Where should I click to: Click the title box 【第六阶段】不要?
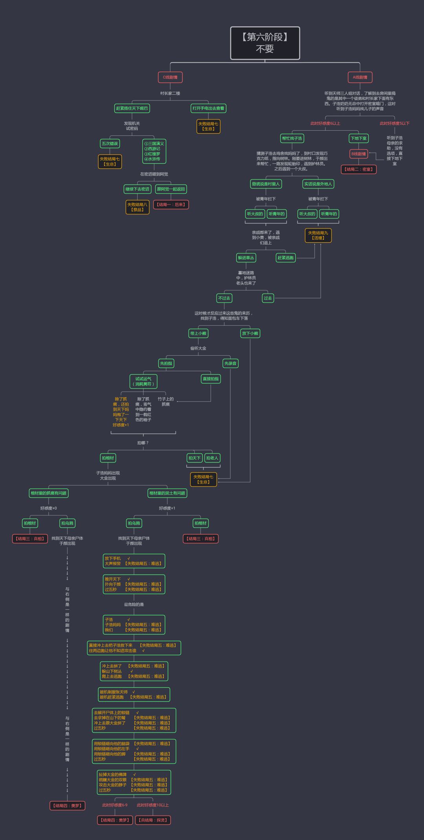point(265,43)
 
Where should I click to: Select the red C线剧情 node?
point(170,77)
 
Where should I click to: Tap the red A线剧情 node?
point(360,77)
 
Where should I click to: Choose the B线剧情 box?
point(358,154)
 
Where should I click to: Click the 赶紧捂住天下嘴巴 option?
point(132,108)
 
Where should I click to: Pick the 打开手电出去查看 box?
point(208,108)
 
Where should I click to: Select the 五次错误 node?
point(110,144)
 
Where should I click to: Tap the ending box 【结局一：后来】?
point(172,205)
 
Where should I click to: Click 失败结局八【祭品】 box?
point(137,207)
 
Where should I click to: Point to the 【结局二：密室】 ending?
point(359,169)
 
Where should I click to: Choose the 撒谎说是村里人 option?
point(266,184)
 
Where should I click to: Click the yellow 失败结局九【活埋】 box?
point(318,235)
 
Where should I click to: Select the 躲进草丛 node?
point(246,258)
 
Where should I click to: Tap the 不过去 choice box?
point(224,298)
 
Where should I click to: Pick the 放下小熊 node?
point(250,333)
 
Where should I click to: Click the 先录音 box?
point(230,363)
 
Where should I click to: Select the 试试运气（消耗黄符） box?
point(143,381)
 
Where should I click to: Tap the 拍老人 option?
point(212,458)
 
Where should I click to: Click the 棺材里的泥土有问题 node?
point(167,493)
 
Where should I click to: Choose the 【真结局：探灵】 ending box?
point(153,820)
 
